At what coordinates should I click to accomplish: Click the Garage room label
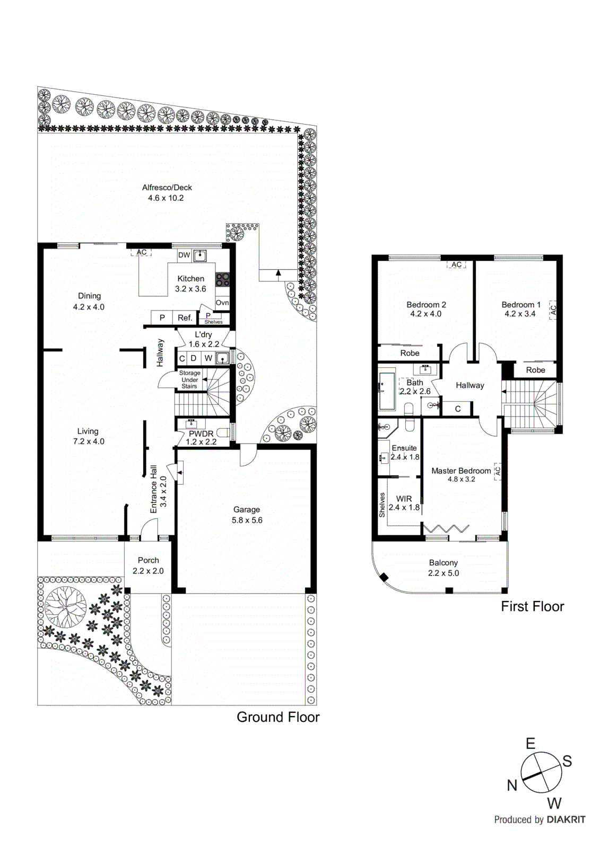(246, 510)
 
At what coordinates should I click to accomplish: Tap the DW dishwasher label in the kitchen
(184, 255)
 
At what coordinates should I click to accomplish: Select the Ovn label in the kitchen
(222, 303)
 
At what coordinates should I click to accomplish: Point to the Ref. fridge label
(185, 318)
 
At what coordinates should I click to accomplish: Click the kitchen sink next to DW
(199, 255)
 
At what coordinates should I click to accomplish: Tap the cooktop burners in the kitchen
(222, 279)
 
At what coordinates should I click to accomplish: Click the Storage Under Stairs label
(189, 379)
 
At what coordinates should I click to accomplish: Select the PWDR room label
(201, 434)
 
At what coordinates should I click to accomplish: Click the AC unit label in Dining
(141, 252)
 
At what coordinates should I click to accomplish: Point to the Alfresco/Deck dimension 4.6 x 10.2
(166, 198)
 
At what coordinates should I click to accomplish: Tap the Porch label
(148, 560)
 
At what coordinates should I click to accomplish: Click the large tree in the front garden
(66, 607)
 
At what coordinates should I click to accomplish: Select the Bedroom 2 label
(426, 305)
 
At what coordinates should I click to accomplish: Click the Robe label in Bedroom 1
(535, 370)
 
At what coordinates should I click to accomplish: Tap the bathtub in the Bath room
(387, 391)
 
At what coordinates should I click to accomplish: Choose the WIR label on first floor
(404, 499)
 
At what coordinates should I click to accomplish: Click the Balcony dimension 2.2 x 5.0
(444, 573)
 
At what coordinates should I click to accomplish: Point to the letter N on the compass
(512, 785)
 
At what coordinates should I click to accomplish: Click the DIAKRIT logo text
(566, 819)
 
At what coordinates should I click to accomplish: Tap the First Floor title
(532, 606)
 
